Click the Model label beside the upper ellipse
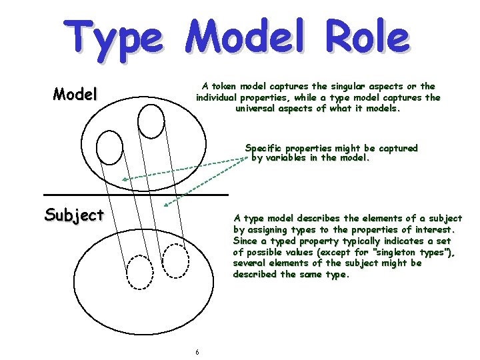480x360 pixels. [75, 94]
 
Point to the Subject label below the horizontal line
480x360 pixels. [74, 215]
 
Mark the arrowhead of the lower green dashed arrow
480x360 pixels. [165, 203]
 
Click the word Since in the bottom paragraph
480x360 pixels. [245, 241]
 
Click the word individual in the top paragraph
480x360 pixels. [219, 97]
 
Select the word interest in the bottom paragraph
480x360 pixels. [435, 229]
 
